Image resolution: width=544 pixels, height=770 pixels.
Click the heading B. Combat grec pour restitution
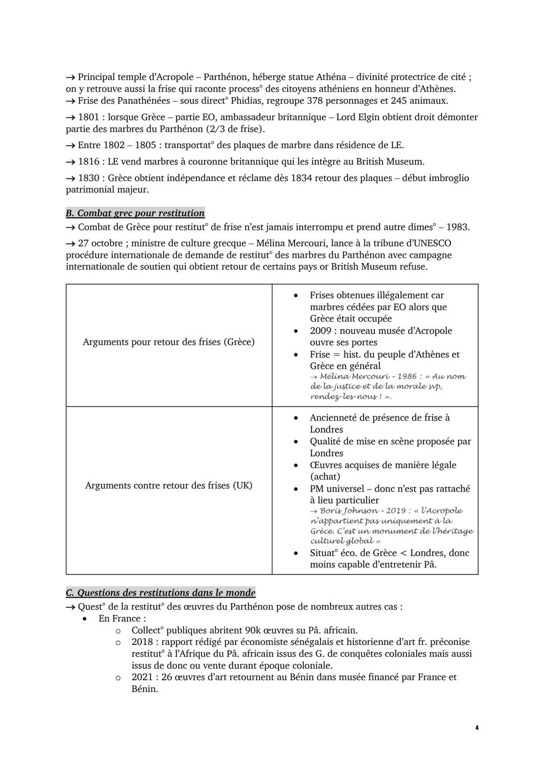pos(135,213)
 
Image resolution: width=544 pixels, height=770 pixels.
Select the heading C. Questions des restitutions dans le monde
pos(160,593)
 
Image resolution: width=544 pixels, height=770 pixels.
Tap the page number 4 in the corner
pos(476,728)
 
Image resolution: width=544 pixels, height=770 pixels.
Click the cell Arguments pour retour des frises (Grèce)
pos(169,342)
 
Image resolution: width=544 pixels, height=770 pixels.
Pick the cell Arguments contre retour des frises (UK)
pos(169,486)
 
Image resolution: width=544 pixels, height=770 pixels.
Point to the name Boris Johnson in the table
pos(349,511)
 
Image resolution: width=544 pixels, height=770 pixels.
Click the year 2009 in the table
pos(320,331)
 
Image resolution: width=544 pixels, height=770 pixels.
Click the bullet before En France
pos(86,619)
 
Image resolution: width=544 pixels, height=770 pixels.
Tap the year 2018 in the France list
pos(143,642)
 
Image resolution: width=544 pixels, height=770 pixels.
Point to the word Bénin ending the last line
pos(144,689)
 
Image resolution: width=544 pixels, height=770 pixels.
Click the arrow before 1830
pos(71,178)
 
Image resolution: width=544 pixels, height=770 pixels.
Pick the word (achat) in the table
pos(325,477)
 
